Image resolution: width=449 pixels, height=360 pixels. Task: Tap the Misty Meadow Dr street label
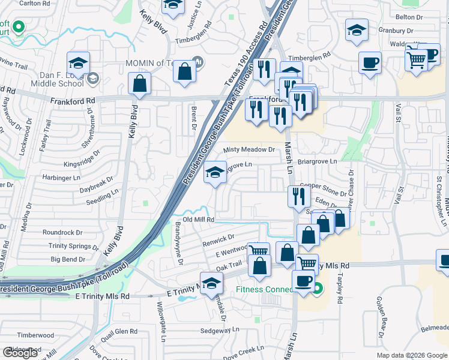(x=249, y=149)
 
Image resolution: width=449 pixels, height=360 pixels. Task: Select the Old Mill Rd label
(x=199, y=220)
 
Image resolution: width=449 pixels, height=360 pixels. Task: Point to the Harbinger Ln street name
(x=61, y=178)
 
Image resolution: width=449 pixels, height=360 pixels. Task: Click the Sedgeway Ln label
(x=219, y=330)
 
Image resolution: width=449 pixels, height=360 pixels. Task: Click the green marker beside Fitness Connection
(x=318, y=289)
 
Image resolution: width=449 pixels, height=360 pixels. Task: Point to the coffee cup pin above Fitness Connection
(x=303, y=279)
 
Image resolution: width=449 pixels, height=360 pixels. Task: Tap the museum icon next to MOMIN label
(x=199, y=62)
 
